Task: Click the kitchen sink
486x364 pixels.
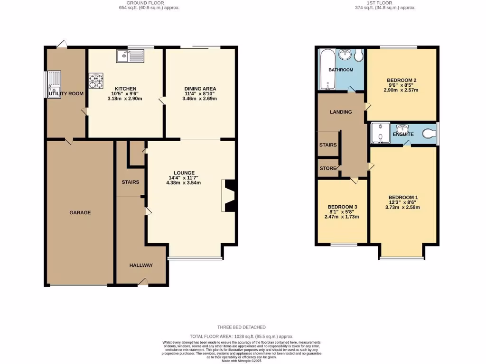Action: pyautogui.click(x=130, y=56)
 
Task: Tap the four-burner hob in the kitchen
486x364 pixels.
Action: pyautogui.click(x=96, y=81)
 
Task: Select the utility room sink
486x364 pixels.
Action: pyautogui.click(x=55, y=81)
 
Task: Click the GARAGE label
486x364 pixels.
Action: pyautogui.click(x=80, y=213)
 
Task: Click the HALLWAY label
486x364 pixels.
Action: pyautogui.click(x=141, y=265)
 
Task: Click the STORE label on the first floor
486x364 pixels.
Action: pyautogui.click(x=327, y=168)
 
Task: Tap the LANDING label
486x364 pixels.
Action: pyautogui.click(x=341, y=112)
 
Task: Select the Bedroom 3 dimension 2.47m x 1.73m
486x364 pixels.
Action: pyautogui.click(x=342, y=217)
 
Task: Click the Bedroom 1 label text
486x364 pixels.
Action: pyautogui.click(x=403, y=197)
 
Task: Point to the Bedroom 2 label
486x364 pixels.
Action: pyautogui.click(x=402, y=80)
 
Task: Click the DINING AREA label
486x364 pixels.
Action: pyautogui.click(x=200, y=89)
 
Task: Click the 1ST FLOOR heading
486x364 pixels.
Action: pyautogui.click(x=385, y=3)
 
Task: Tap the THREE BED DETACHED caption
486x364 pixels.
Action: pyautogui.click(x=242, y=327)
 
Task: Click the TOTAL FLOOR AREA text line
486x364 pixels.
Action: pyautogui.click(x=242, y=336)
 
